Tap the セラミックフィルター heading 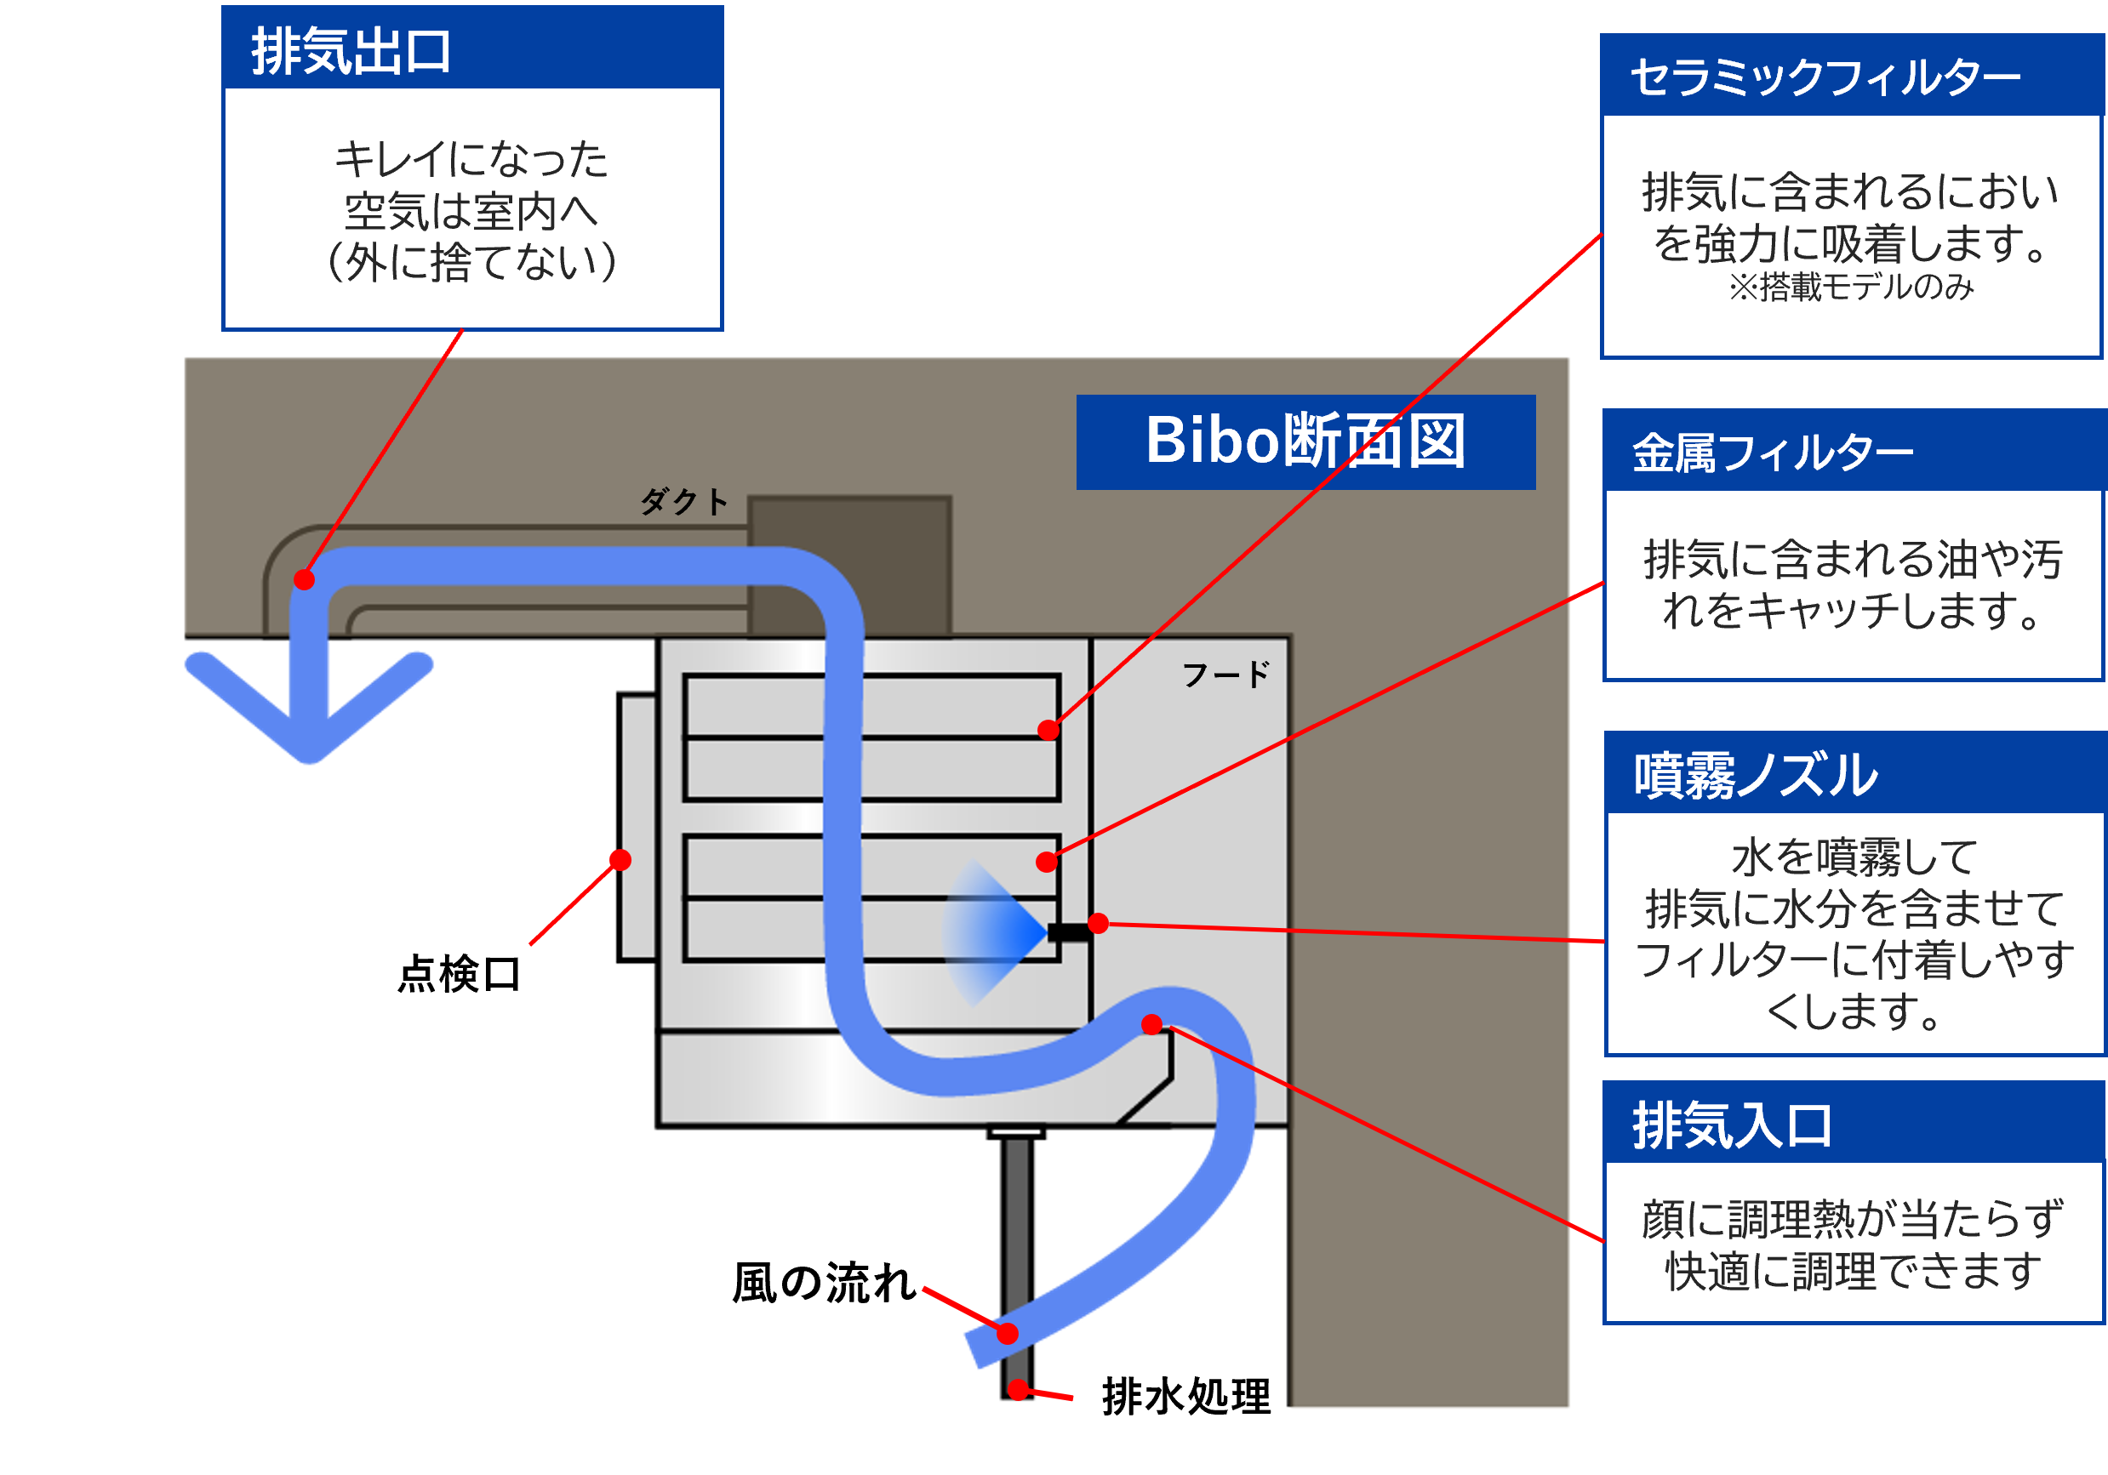click(x=1825, y=77)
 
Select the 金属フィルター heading click(x=1772, y=453)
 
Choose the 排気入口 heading click(x=1732, y=1125)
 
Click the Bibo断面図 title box click(x=1305, y=441)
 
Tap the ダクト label click(x=684, y=502)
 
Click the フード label click(x=1225, y=675)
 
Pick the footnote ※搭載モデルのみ click(x=1850, y=288)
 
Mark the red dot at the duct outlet click(x=304, y=579)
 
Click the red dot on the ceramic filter click(x=1048, y=730)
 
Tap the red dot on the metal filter click(x=1046, y=862)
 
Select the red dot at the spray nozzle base click(x=1098, y=924)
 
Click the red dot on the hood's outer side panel click(x=620, y=859)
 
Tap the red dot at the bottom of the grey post click(x=1017, y=1391)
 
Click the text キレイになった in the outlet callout click(x=471, y=160)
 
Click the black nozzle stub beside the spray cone click(x=1068, y=932)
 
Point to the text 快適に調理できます click(x=1853, y=1271)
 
